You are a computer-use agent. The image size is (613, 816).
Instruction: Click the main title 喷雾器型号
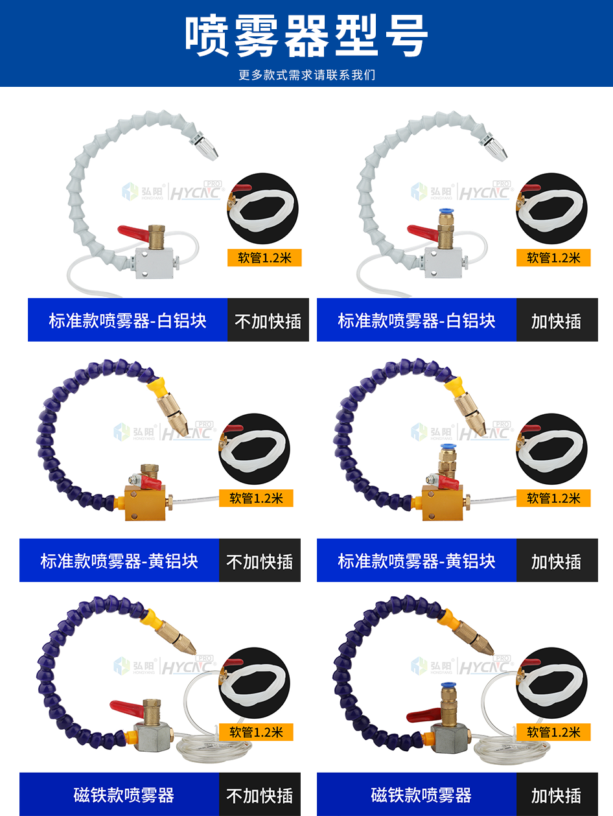tap(306, 36)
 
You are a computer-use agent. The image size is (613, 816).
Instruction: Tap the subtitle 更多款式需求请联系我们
tap(306, 75)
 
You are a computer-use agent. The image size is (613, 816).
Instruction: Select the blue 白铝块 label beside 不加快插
tap(128, 320)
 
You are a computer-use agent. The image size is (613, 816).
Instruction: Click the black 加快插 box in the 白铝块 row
tap(557, 320)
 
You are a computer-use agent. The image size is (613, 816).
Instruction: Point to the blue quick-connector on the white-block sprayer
tap(445, 211)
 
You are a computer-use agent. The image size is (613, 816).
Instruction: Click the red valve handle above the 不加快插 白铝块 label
tap(133, 233)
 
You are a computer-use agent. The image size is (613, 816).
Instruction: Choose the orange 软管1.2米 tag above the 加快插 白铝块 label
tap(553, 257)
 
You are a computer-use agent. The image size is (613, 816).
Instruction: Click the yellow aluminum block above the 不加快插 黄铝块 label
tap(146, 502)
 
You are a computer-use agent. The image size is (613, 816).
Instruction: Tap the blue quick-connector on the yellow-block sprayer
tap(446, 447)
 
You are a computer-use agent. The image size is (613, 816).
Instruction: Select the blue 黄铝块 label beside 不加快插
tap(119, 560)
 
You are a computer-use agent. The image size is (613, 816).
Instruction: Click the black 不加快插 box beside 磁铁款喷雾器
tap(260, 795)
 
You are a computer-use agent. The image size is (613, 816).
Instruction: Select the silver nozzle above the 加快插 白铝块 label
tap(495, 149)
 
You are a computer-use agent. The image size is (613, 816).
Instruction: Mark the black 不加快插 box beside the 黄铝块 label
tap(260, 560)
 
